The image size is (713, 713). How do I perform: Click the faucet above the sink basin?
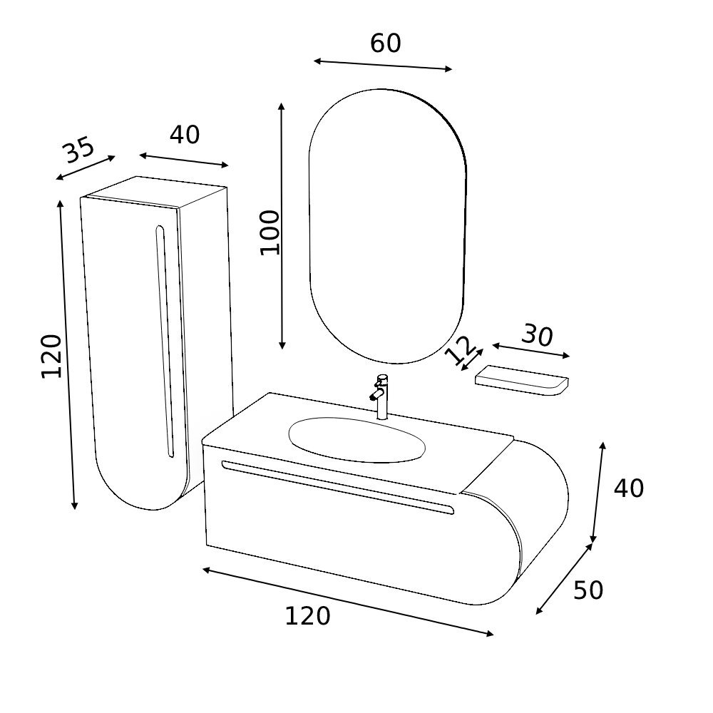tap(381, 396)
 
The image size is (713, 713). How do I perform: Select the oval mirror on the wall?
tap(387, 225)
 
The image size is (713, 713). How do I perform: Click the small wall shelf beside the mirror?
tap(522, 379)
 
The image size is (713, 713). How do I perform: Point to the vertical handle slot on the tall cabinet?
tap(164, 341)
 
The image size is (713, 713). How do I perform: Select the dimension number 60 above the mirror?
tap(385, 43)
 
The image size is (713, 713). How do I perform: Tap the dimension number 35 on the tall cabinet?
tap(78, 150)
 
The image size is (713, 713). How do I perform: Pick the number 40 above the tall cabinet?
tap(185, 134)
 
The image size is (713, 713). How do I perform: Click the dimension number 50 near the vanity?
tap(588, 590)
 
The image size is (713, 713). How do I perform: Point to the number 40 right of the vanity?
tap(628, 488)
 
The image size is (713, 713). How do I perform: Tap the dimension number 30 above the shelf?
tap(537, 335)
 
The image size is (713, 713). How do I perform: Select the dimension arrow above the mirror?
tap(383, 66)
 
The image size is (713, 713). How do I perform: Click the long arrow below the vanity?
tap(347, 601)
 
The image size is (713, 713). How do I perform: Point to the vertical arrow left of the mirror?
tap(282, 225)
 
